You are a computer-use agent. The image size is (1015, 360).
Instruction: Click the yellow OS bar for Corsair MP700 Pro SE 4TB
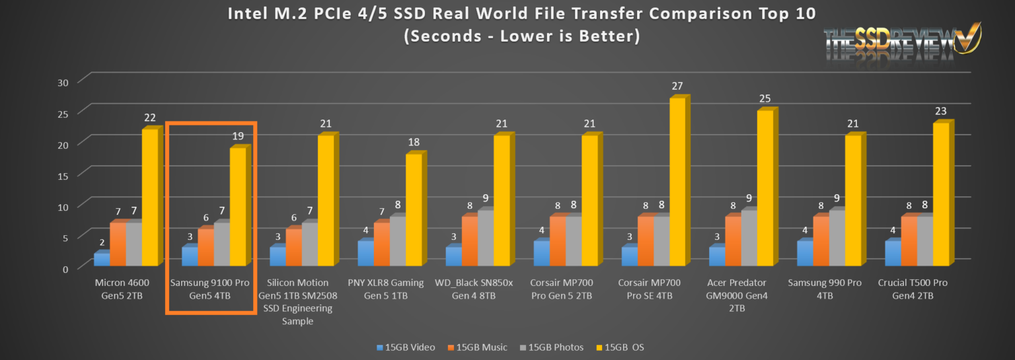677,182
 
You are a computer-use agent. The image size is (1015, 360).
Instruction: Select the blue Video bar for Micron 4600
102,259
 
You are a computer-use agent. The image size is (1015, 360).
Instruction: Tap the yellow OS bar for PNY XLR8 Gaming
413,209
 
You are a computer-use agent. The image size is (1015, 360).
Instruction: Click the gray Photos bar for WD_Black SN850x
485,238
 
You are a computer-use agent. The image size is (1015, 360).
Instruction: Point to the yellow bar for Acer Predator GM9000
765,188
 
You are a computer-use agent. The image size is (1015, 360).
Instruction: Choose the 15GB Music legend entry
480,347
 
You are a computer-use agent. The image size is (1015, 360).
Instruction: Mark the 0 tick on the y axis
65,268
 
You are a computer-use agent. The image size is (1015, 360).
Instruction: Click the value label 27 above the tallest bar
677,86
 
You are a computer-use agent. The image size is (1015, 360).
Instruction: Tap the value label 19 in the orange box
238,136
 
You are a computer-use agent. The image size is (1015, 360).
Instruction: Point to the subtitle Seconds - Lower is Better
521,36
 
